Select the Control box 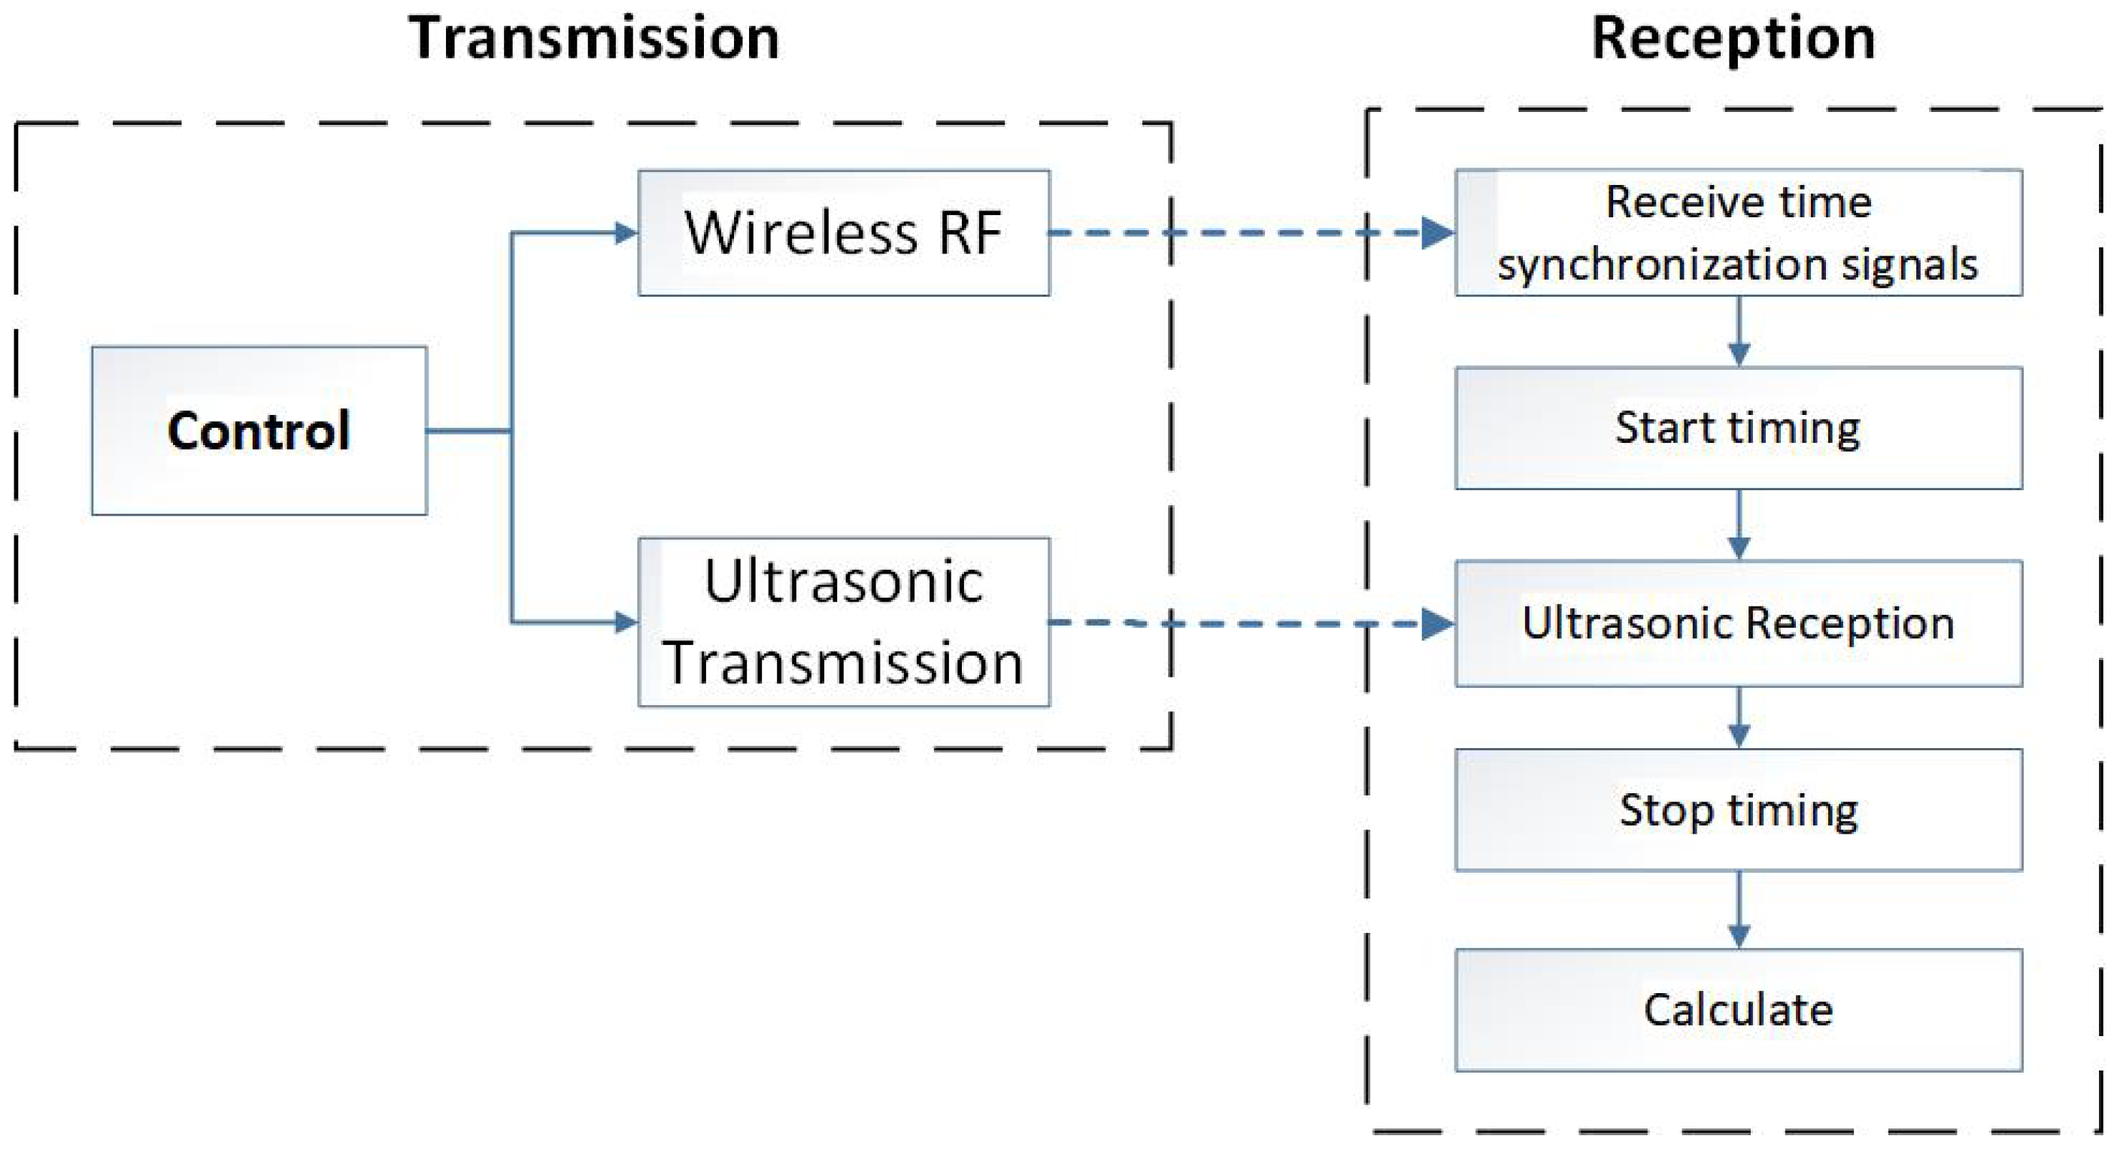pyautogui.click(x=259, y=430)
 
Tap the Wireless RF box pyautogui.click(x=844, y=233)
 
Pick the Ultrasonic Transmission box pyautogui.click(x=844, y=622)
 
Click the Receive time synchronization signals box pyautogui.click(x=1738, y=233)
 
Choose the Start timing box pyautogui.click(x=1738, y=428)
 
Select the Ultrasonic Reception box pyautogui.click(x=1738, y=623)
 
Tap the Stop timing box pyautogui.click(x=1738, y=810)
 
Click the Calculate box pyautogui.click(x=1738, y=1010)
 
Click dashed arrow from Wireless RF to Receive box pyautogui.click(x=1251, y=233)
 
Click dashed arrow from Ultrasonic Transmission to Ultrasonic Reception pyautogui.click(x=1251, y=623)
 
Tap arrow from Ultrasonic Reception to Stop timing pyautogui.click(x=1738, y=717)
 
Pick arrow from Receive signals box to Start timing pyautogui.click(x=1738, y=331)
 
